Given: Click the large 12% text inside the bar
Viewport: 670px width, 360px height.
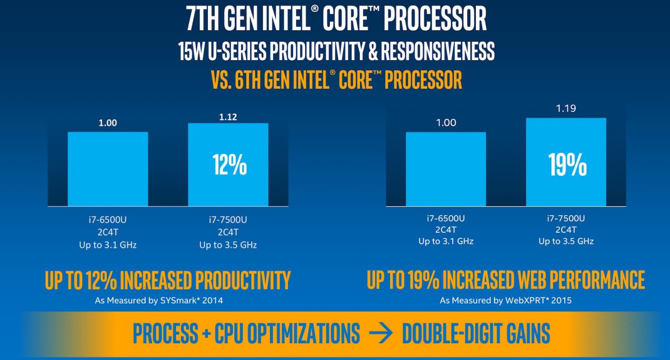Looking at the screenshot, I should pos(229,164).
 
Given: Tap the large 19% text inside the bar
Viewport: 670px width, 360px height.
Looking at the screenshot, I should pos(567,164).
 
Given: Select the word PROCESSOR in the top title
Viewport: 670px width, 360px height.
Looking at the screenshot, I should pos(435,19).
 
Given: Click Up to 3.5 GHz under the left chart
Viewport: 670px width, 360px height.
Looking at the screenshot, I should pos(228,245).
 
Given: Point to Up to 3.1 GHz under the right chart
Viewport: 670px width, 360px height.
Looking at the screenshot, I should pos(446,241).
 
